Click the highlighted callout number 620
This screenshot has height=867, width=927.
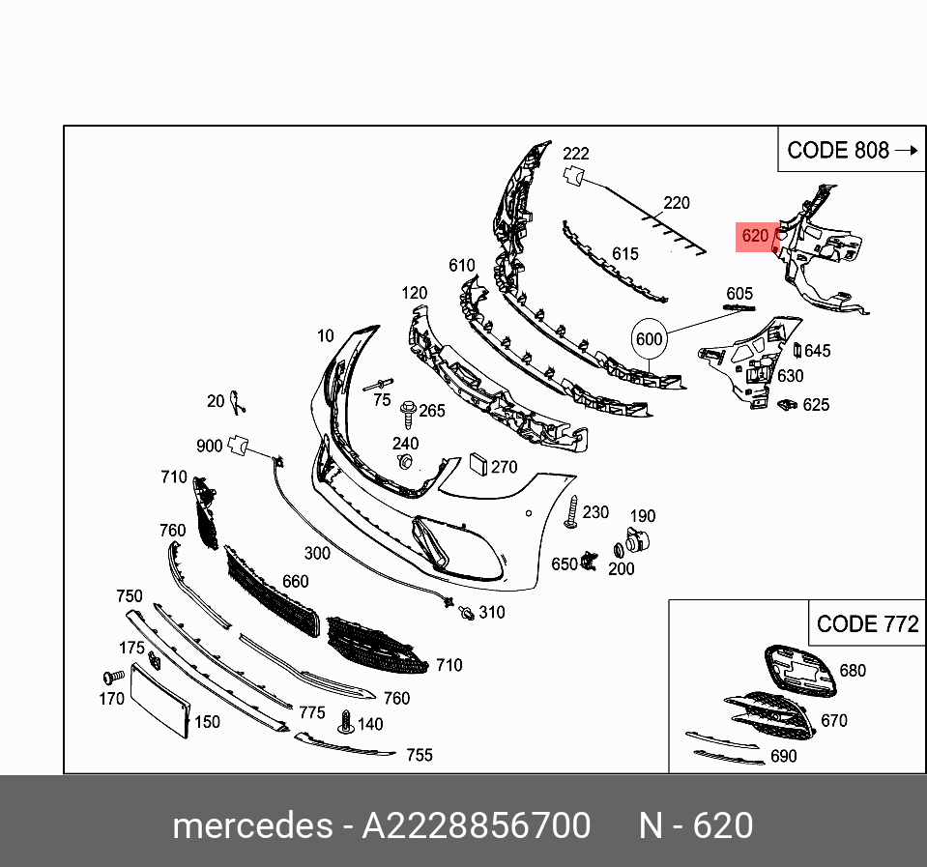755,236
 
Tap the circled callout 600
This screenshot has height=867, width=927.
650,339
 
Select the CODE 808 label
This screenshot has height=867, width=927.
838,151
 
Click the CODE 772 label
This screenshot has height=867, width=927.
868,623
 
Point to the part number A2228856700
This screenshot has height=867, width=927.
476,825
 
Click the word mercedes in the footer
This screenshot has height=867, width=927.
252,825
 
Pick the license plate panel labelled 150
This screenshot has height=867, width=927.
159,701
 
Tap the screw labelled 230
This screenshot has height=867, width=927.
571,512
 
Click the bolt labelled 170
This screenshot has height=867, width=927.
113,677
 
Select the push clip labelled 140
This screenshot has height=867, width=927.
346,722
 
